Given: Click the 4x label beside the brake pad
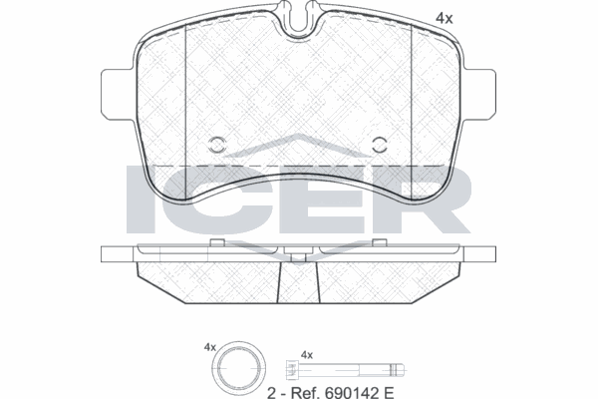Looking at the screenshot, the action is (445, 18).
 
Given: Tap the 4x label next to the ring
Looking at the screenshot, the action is (209, 347).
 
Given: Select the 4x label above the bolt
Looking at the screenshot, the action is (307, 355).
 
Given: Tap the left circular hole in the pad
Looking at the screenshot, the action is (217, 145).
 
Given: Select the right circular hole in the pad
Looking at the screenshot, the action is (380, 145).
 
